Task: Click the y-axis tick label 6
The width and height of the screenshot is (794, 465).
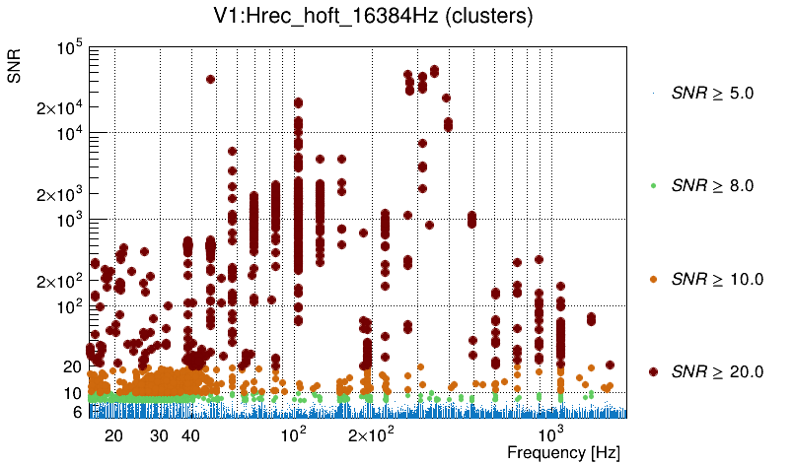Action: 76,412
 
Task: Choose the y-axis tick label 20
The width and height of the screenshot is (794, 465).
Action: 72,366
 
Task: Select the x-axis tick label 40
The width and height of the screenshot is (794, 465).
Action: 191,435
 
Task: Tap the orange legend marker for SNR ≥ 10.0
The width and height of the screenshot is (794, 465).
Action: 653,279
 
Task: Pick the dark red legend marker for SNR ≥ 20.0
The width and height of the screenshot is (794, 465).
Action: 653,371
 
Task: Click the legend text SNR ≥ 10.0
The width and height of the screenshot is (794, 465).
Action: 717,279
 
